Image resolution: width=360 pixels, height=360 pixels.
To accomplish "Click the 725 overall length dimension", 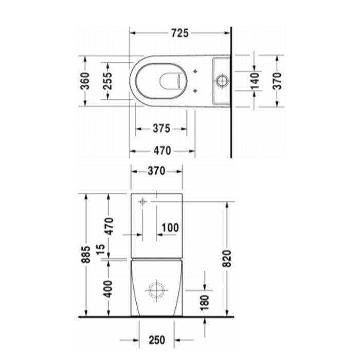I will point(179,33).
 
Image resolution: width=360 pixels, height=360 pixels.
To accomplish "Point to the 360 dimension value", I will point(85,80).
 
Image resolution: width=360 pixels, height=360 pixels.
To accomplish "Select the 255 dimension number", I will point(107,80).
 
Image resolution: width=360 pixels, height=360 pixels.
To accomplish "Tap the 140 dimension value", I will point(254,80).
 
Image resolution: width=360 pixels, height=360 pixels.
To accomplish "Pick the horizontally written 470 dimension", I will point(161,151).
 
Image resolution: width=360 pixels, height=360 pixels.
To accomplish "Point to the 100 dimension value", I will point(170,227).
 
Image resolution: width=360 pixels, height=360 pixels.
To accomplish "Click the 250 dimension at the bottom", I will point(156,339).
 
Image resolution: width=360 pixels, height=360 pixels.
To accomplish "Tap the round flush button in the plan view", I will point(222,80).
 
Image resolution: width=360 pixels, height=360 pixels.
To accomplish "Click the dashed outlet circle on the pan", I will point(155,290).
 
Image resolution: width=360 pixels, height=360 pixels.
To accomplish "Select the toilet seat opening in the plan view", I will point(160,80).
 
